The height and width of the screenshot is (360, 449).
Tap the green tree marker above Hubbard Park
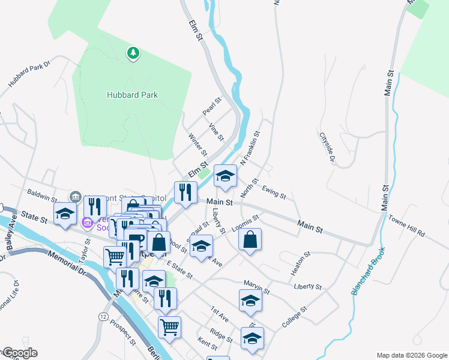pos(133,54)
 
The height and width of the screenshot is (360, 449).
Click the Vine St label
pos(215,132)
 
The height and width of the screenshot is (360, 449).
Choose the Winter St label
pos(197,144)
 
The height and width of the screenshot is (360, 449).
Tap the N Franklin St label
pos(250,149)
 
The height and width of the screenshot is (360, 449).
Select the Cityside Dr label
pos(327,148)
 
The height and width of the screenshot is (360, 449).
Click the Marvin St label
pos(256,287)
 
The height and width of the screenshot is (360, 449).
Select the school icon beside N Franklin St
pos(225,176)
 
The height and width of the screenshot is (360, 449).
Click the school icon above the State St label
pos(65,214)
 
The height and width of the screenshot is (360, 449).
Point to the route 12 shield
pos(104,316)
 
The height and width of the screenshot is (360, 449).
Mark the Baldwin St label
pos(41,195)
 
